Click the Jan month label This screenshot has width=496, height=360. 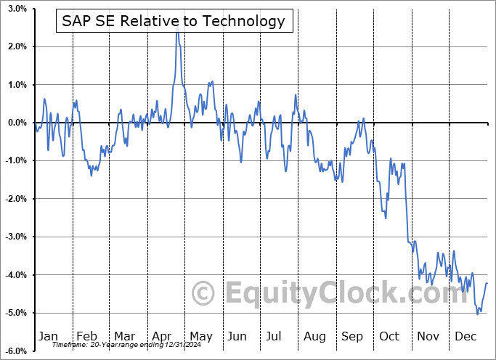(x=48, y=336)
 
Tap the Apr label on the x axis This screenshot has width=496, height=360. (x=162, y=336)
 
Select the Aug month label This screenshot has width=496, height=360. (x=314, y=336)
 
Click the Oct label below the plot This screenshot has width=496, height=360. (x=390, y=336)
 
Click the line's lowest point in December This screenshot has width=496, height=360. (x=477, y=314)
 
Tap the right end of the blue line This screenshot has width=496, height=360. (x=487, y=283)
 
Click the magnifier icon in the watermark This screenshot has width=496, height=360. (x=203, y=293)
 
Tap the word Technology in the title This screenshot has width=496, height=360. (x=245, y=21)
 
